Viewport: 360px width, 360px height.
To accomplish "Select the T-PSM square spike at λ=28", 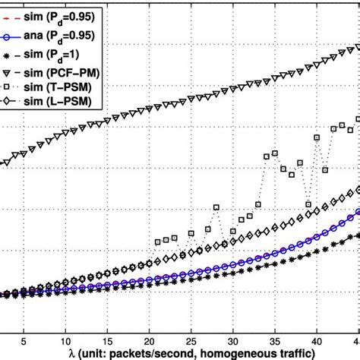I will coord(216,207).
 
